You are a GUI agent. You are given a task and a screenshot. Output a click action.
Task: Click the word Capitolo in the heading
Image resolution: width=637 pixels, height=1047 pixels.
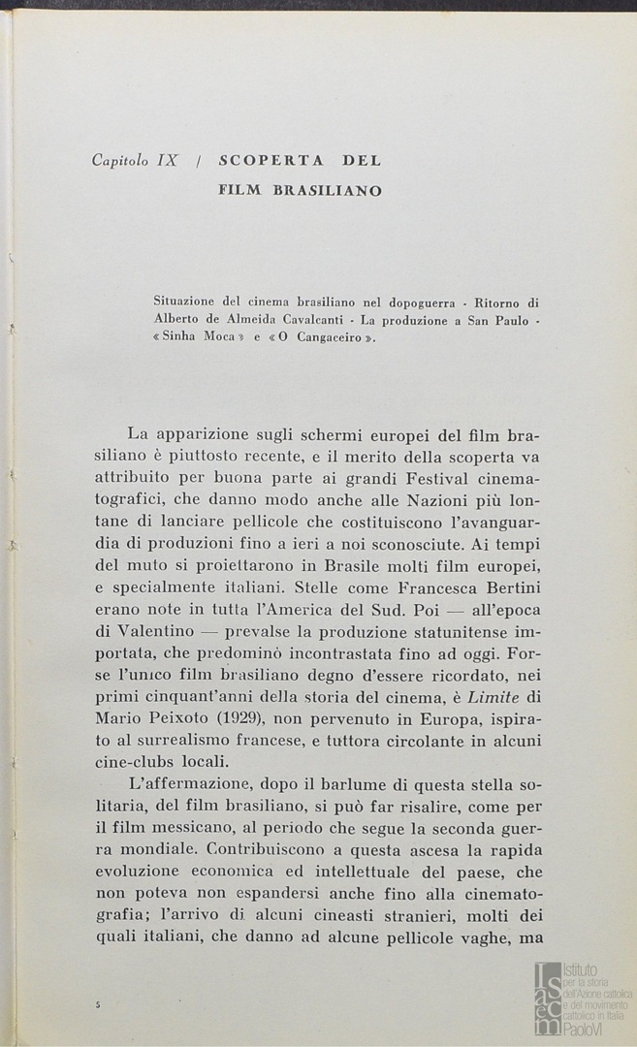point(121,161)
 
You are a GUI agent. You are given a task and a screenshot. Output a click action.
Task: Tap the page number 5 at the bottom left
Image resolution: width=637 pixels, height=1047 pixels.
point(98,1005)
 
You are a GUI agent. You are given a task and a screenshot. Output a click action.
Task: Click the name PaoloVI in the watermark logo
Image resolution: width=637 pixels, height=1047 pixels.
point(587,1030)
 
